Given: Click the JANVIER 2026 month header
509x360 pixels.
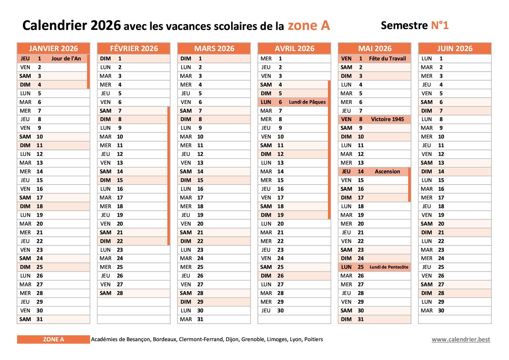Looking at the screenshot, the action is pos(53,48).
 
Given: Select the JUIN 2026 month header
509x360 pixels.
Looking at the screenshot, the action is pos(455,48).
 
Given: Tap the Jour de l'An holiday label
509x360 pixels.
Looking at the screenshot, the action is pos(66,59).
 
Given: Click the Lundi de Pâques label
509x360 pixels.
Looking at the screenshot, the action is pos(307,102).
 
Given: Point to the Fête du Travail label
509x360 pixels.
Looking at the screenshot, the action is pos(387,59).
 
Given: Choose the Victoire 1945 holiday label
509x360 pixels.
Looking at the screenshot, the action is pos(387,119).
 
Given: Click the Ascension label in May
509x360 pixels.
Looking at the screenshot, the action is pos(387,172).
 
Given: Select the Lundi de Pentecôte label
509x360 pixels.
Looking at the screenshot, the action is pos(389,267).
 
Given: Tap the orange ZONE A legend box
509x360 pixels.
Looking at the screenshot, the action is pos(53,339).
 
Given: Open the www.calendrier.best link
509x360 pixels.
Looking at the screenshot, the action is pos(461,339).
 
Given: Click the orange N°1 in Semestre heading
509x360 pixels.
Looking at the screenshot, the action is pos(440,26).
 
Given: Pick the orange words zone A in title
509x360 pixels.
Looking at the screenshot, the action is pos(309,26).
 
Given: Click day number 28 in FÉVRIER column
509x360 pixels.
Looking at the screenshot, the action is pos(120,293).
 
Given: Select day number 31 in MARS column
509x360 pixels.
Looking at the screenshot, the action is pos(200,319).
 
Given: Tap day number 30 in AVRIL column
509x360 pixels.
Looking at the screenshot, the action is pos(280,311).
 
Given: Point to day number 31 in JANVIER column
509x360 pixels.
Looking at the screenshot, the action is pos(40,319).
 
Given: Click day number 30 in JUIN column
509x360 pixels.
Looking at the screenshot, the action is pos(441,311).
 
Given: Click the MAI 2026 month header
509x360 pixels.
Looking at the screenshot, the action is pos(375,48).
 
